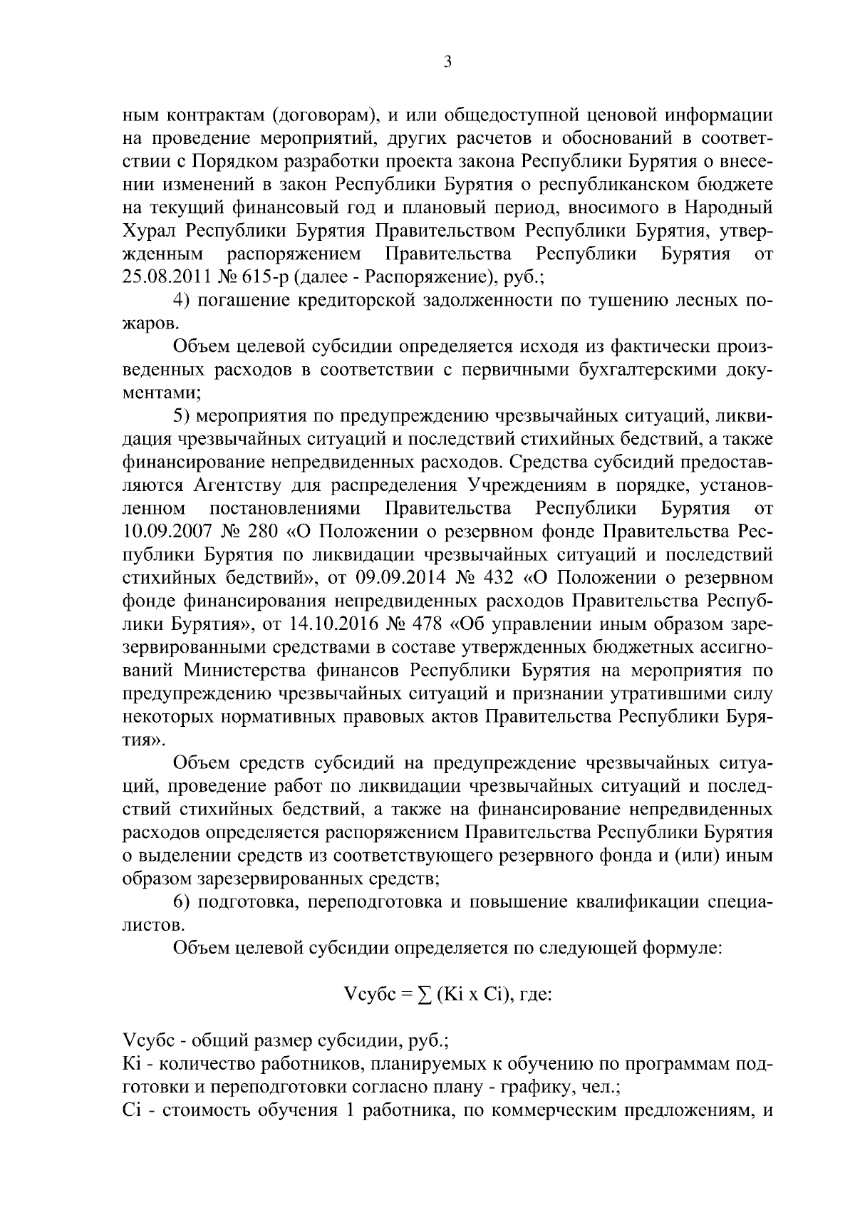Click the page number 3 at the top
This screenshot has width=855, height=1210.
point(447,62)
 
